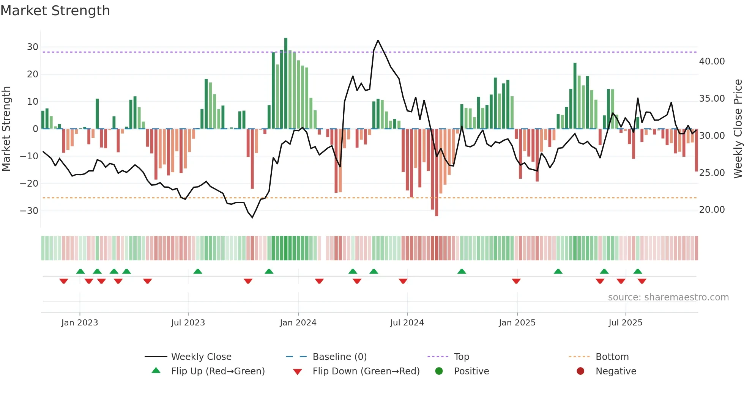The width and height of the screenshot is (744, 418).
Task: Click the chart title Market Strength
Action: click(55, 11)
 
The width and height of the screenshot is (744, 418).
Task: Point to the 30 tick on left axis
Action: click(33, 47)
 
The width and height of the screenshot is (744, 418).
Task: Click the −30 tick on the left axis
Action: click(30, 211)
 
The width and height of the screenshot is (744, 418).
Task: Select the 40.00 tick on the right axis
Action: click(712, 61)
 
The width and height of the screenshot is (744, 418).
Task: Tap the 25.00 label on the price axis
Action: click(712, 173)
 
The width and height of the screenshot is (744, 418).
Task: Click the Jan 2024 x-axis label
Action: click(298, 323)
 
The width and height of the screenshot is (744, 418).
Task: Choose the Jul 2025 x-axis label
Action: click(625, 323)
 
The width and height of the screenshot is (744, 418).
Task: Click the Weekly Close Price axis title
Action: click(738, 129)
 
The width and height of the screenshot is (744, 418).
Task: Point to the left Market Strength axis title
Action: click(6, 129)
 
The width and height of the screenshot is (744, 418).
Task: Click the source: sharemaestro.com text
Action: click(668, 297)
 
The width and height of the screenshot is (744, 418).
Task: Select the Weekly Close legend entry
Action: click(201, 357)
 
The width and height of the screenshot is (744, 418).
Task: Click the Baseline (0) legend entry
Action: click(339, 357)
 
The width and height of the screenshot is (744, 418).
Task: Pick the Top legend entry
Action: click(462, 357)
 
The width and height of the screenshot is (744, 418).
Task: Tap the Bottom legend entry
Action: click(612, 357)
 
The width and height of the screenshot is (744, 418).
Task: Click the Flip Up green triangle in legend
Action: click(156, 371)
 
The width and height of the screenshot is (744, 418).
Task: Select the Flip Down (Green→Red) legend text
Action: click(366, 371)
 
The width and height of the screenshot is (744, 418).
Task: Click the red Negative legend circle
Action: click(580, 371)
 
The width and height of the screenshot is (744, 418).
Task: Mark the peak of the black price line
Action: click(378, 41)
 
